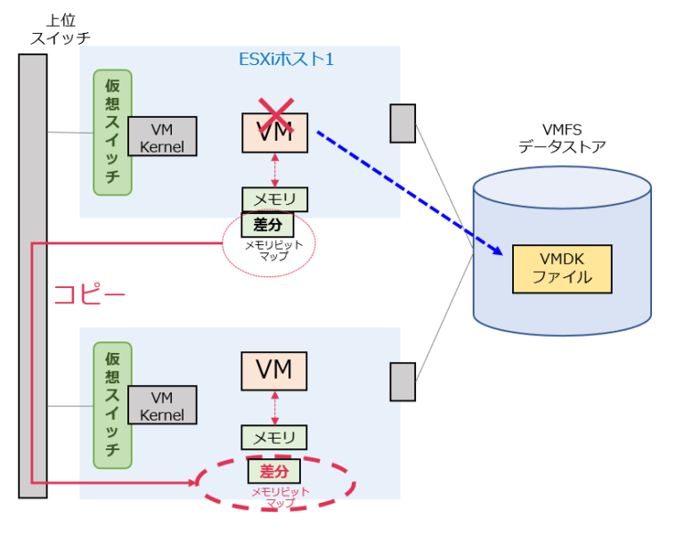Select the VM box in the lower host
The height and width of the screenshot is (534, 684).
pyautogui.click(x=273, y=370)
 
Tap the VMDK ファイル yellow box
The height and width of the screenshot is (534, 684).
pyautogui.click(x=562, y=268)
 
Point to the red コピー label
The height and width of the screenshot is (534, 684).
pyautogui.click(x=90, y=294)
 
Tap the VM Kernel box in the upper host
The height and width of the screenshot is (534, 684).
pyautogui.click(x=161, y=137)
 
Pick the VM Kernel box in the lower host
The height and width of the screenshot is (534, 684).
pyautogui.click(x=161, y=407)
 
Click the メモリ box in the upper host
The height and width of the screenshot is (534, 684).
pyautogui.click(x=274, y=199)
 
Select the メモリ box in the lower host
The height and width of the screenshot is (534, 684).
pyautogui.click(x=274, y=437)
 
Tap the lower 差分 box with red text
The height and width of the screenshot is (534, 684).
pyautogui.click(x=274, y=470)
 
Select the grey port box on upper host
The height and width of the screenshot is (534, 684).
pyautogui.click(x=403, y=123)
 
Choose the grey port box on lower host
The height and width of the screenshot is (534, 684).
pyautogui.click(x=403, y=382)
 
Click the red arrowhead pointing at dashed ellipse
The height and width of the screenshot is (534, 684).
pyautogui.click(x=191, y=482)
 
